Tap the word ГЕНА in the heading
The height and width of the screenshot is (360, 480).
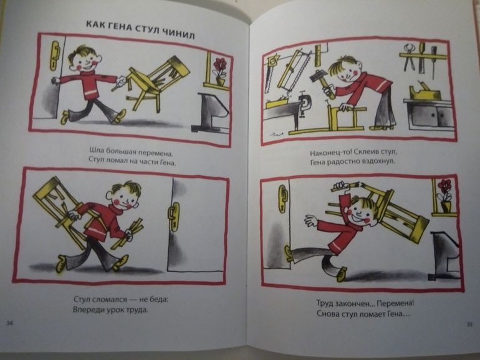(125, 27)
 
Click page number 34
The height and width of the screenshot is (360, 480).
(10, 323)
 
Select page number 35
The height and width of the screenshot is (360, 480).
(469, 324)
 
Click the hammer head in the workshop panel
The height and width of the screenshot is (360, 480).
(318, 75)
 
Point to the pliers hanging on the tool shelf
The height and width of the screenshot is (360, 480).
(408, 57)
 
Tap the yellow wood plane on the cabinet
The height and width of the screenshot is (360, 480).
(425, 91)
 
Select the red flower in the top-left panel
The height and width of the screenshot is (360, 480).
(220, 66)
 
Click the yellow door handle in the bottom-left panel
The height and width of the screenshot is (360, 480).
(173, 217)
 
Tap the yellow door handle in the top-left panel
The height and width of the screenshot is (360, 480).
(55, 55)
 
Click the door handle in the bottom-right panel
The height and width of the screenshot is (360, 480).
(283, 199)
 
